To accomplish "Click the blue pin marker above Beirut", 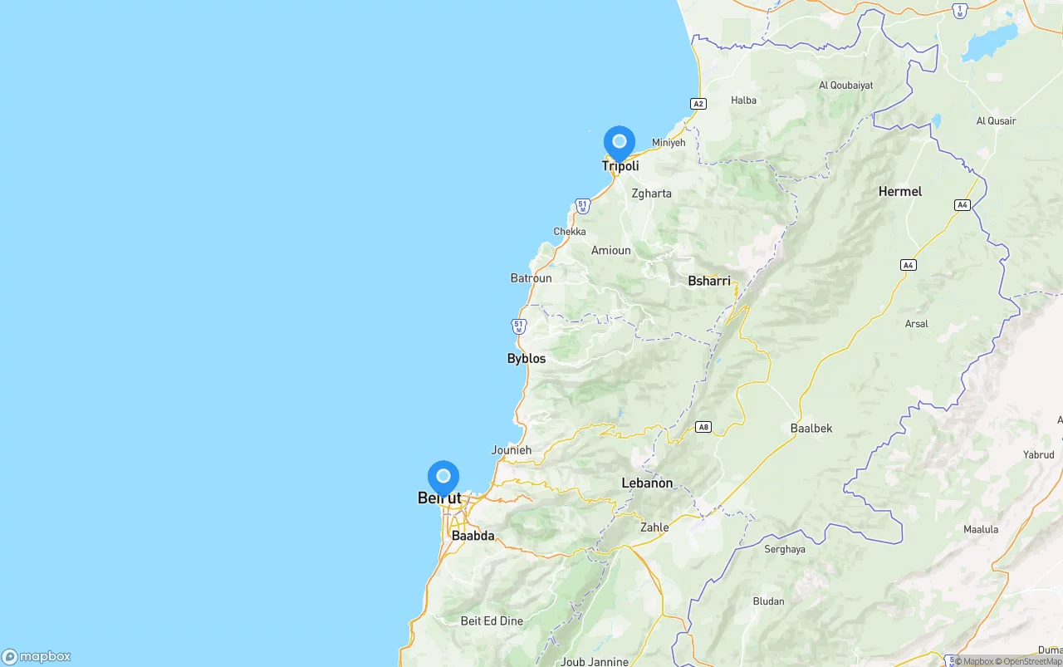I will coord(443,478).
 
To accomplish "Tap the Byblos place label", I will coord(527,359).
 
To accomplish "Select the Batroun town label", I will coord(531,278).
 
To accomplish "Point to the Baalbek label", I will coord(811,429).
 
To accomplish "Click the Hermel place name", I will coord(900,192).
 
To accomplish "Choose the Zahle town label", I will coord(654,527).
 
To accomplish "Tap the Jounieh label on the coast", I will coord(512,450).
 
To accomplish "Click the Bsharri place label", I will coord(709,282).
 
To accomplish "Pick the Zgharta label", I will coord(651,194).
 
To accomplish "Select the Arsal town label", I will coord(917,324).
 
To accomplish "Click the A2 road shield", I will coord(698,104).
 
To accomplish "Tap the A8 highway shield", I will coord(703,427).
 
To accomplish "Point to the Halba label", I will coord(743,101).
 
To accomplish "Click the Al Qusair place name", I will coord(996,121).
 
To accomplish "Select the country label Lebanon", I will coord(647,483).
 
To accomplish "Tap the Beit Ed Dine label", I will coord(492,621).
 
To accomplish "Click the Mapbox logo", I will coord(37,656).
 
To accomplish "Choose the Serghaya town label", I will coord(785,549).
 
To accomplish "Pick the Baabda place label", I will coord(473,537).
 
